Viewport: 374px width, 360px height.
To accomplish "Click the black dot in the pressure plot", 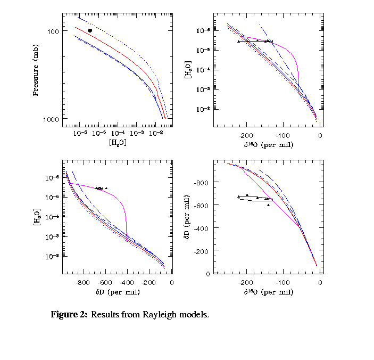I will tap(90, 30).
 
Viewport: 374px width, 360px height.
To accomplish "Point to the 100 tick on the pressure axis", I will tap(53, 31).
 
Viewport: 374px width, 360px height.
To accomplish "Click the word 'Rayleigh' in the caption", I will tap(159, 314).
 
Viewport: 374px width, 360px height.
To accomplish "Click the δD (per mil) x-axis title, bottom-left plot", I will tap(117, 292).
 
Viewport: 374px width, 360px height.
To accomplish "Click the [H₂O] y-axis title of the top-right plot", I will tap(188, 70).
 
